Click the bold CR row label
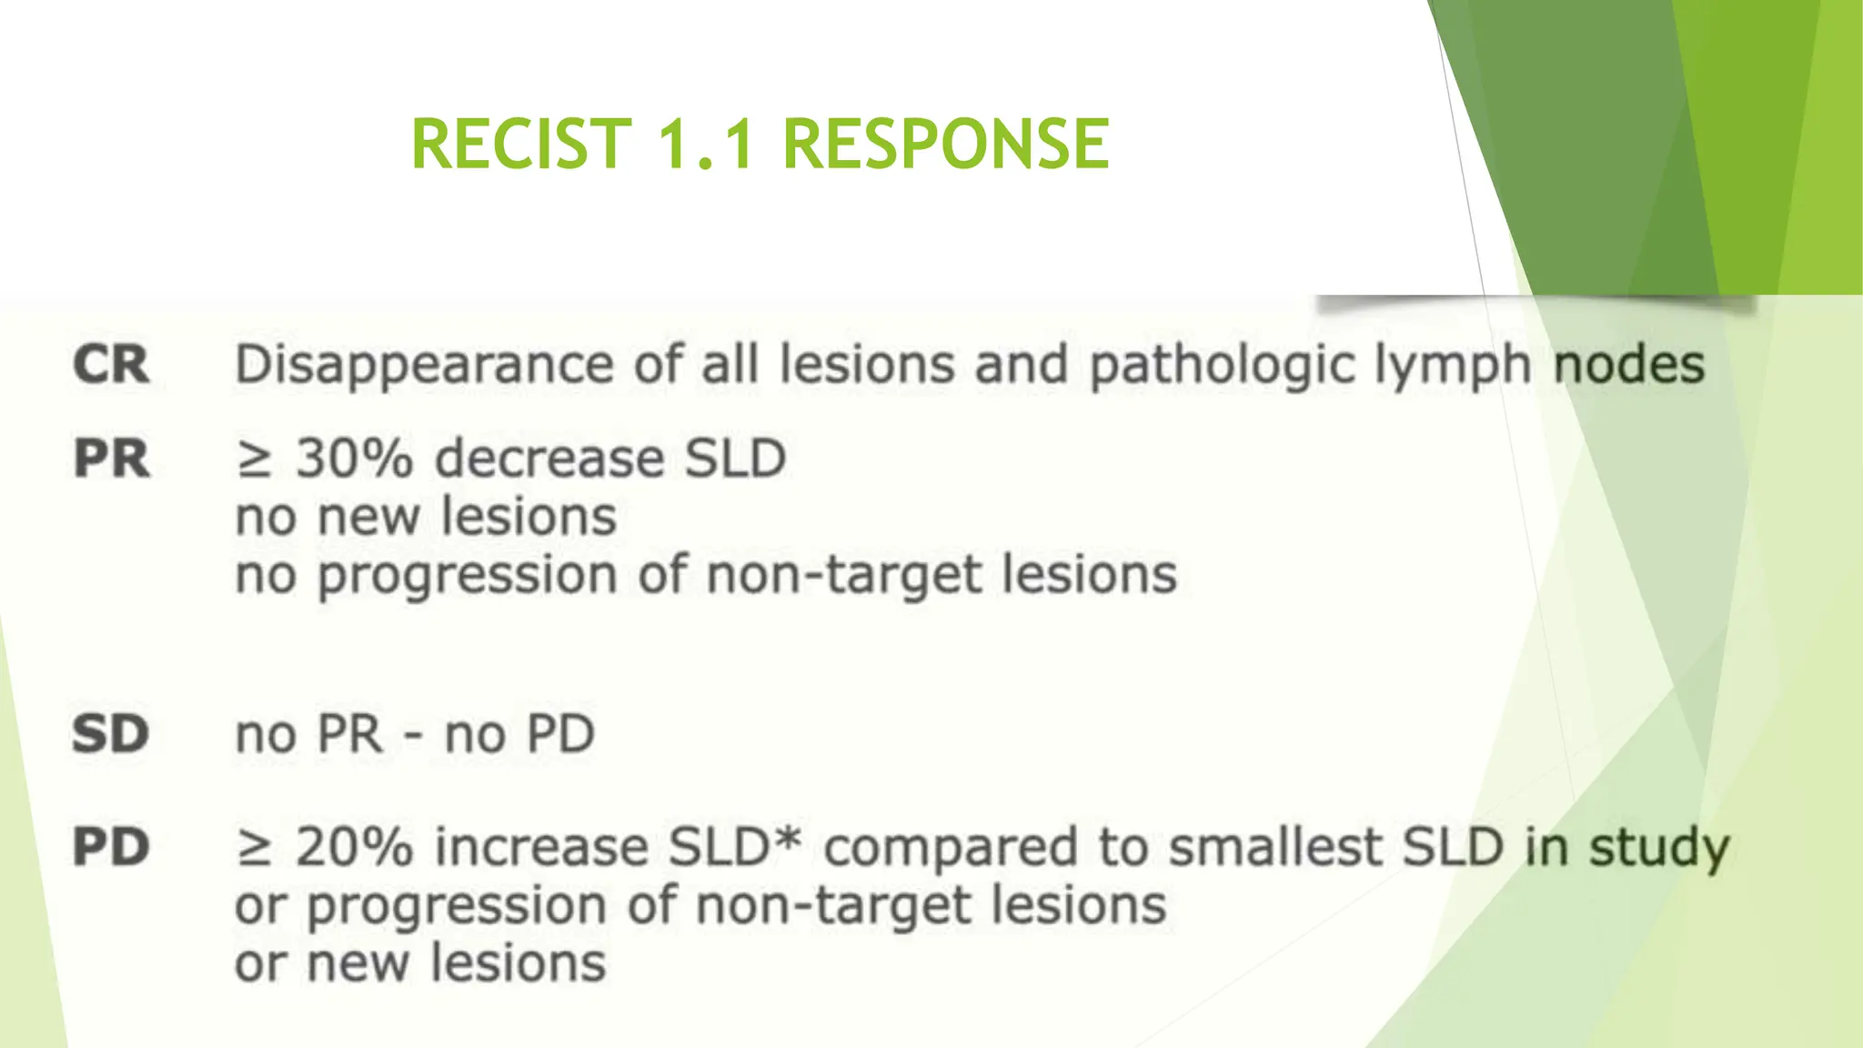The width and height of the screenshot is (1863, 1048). point(111,365)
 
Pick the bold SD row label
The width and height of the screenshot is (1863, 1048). point(111,733)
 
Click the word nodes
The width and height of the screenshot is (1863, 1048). point(1628,366)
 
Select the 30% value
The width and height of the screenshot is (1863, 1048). point(355,458)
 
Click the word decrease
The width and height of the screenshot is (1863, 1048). point(551,458)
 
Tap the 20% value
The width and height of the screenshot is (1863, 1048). point(355,847)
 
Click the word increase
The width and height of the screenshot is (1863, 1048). point(542,847)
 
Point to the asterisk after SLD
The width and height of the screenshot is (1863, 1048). point(789,839)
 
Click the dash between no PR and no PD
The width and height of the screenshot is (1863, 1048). point(413,735)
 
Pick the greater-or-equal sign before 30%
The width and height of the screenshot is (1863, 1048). point(254,459)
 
